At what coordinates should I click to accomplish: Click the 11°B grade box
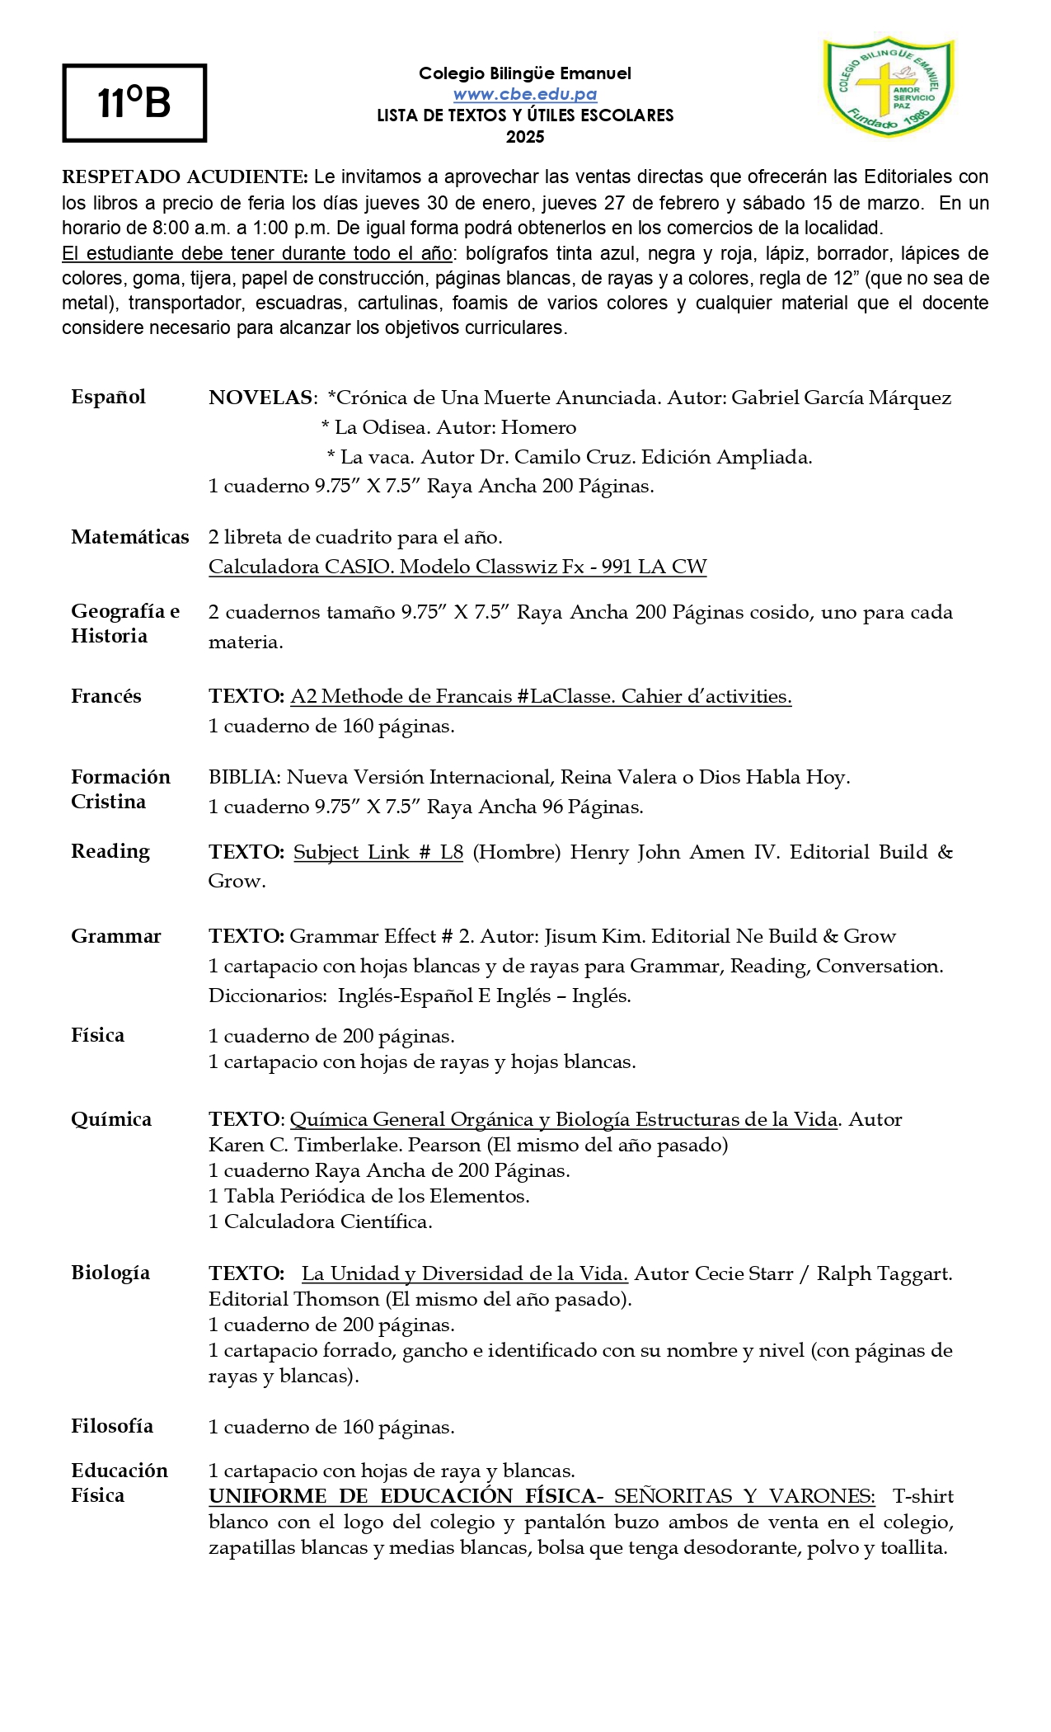click(x=134, y=103)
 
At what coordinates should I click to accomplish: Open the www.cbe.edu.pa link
click(x=525, y=95)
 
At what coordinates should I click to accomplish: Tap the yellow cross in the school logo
click(x=875, y=86)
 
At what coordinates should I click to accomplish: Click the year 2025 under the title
click(x=525, y=137)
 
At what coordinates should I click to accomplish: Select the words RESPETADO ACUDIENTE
click(x=185, y=177)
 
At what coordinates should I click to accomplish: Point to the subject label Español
click(x=108, y=397)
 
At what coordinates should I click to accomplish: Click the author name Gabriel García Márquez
click(x=841, y=398)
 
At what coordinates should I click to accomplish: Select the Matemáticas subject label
click(x=129, y=537)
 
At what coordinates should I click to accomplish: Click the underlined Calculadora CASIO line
click(x=457, y=567)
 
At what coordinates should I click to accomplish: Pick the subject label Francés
click(x=106, y=696)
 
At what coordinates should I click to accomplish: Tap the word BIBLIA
click(x=243, y=777)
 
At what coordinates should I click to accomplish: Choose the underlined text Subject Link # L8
click(x=378, y=852)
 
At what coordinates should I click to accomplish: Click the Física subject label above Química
click(x=97, y=1035)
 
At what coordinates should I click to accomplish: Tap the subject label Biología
click(x=110, y=1272)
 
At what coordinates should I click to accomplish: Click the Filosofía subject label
click(x=112, y=1426)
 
